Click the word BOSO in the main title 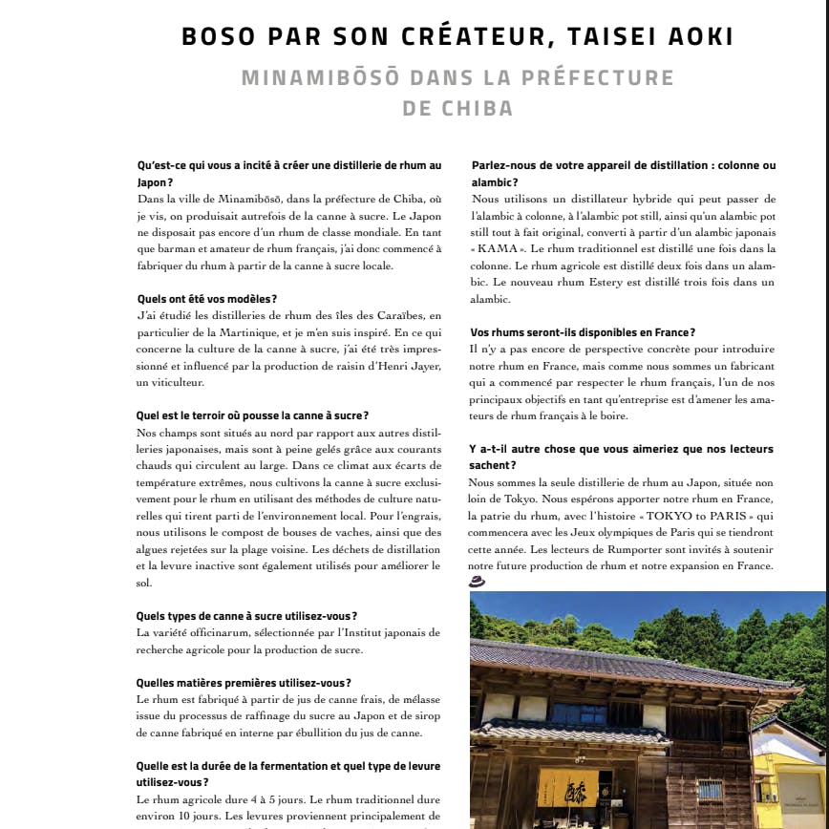[219, 37]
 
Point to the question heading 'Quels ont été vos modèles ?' [207, 299]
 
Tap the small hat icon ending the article [477, 581]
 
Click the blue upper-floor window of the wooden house [579, 714]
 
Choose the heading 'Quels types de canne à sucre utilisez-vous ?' [247, 615]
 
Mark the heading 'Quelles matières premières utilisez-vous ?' [244, 682]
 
